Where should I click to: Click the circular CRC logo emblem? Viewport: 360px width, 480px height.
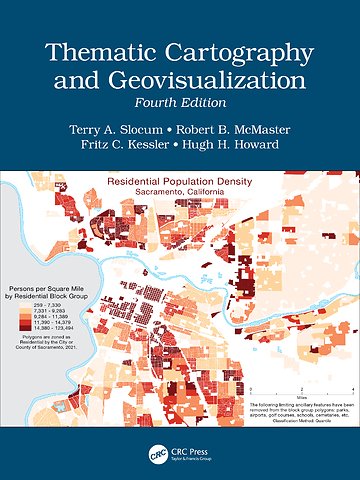point(156,452)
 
